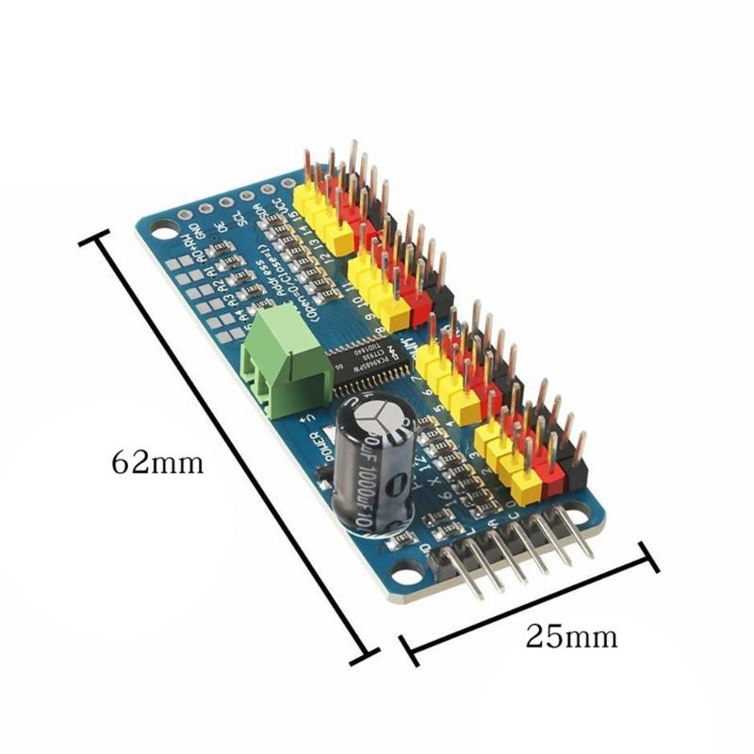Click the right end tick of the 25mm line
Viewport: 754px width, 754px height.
pos(647,555)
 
